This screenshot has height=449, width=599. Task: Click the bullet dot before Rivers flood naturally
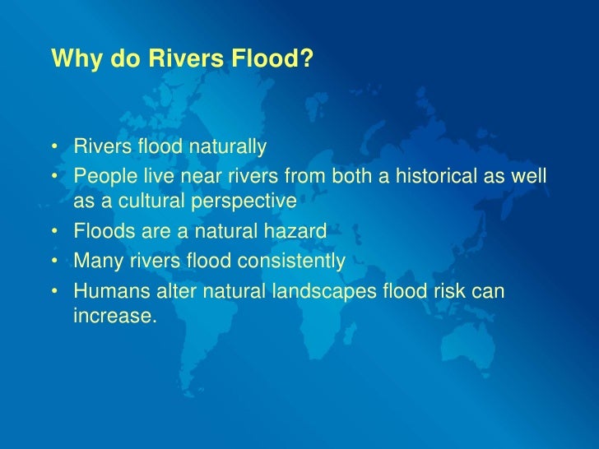click(x=54, y=149)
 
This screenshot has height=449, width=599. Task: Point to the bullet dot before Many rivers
click(x=54, y=262)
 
